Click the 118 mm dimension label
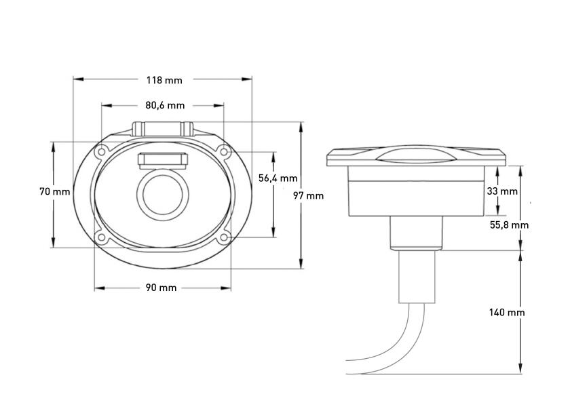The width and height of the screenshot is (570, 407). coord(164,79)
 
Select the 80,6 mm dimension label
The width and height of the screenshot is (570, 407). coord(164,105)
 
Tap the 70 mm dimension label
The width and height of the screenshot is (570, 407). coord(54,192)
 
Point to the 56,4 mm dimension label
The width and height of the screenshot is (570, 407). coord(278,178)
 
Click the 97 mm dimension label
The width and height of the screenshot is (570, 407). coord(308,195)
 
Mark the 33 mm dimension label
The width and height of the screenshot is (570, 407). coord(502,191)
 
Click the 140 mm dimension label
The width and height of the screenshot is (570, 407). coord(507,313)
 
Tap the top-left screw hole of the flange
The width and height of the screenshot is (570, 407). coord(100,152)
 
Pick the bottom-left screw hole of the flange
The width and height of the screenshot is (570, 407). coord(100,238)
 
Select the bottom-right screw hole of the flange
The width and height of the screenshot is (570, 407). coord(223,238)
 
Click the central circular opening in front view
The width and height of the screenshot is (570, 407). coord(162,194)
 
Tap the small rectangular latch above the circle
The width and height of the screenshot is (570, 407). coord(162,159)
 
